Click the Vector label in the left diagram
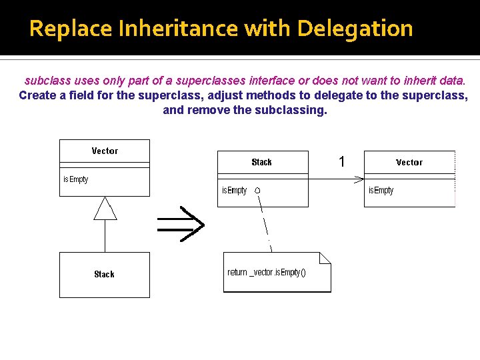[105, 151]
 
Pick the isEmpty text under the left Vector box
[75, 179]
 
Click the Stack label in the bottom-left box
[104, 274]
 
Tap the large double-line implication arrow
[181, 224]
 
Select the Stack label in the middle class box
[261, 162]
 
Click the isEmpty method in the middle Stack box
[234, 191]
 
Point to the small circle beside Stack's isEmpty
[257, 191]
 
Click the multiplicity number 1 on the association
[341, 162]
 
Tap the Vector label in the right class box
[409, 162]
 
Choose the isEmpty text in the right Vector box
[381, 191]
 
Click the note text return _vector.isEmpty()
[267, 272]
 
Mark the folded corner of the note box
[325, 258]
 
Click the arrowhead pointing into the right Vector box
[359, 179]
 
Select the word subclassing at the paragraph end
[291, 110]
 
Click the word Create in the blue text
[37, 95]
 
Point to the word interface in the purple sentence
[272, 81]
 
